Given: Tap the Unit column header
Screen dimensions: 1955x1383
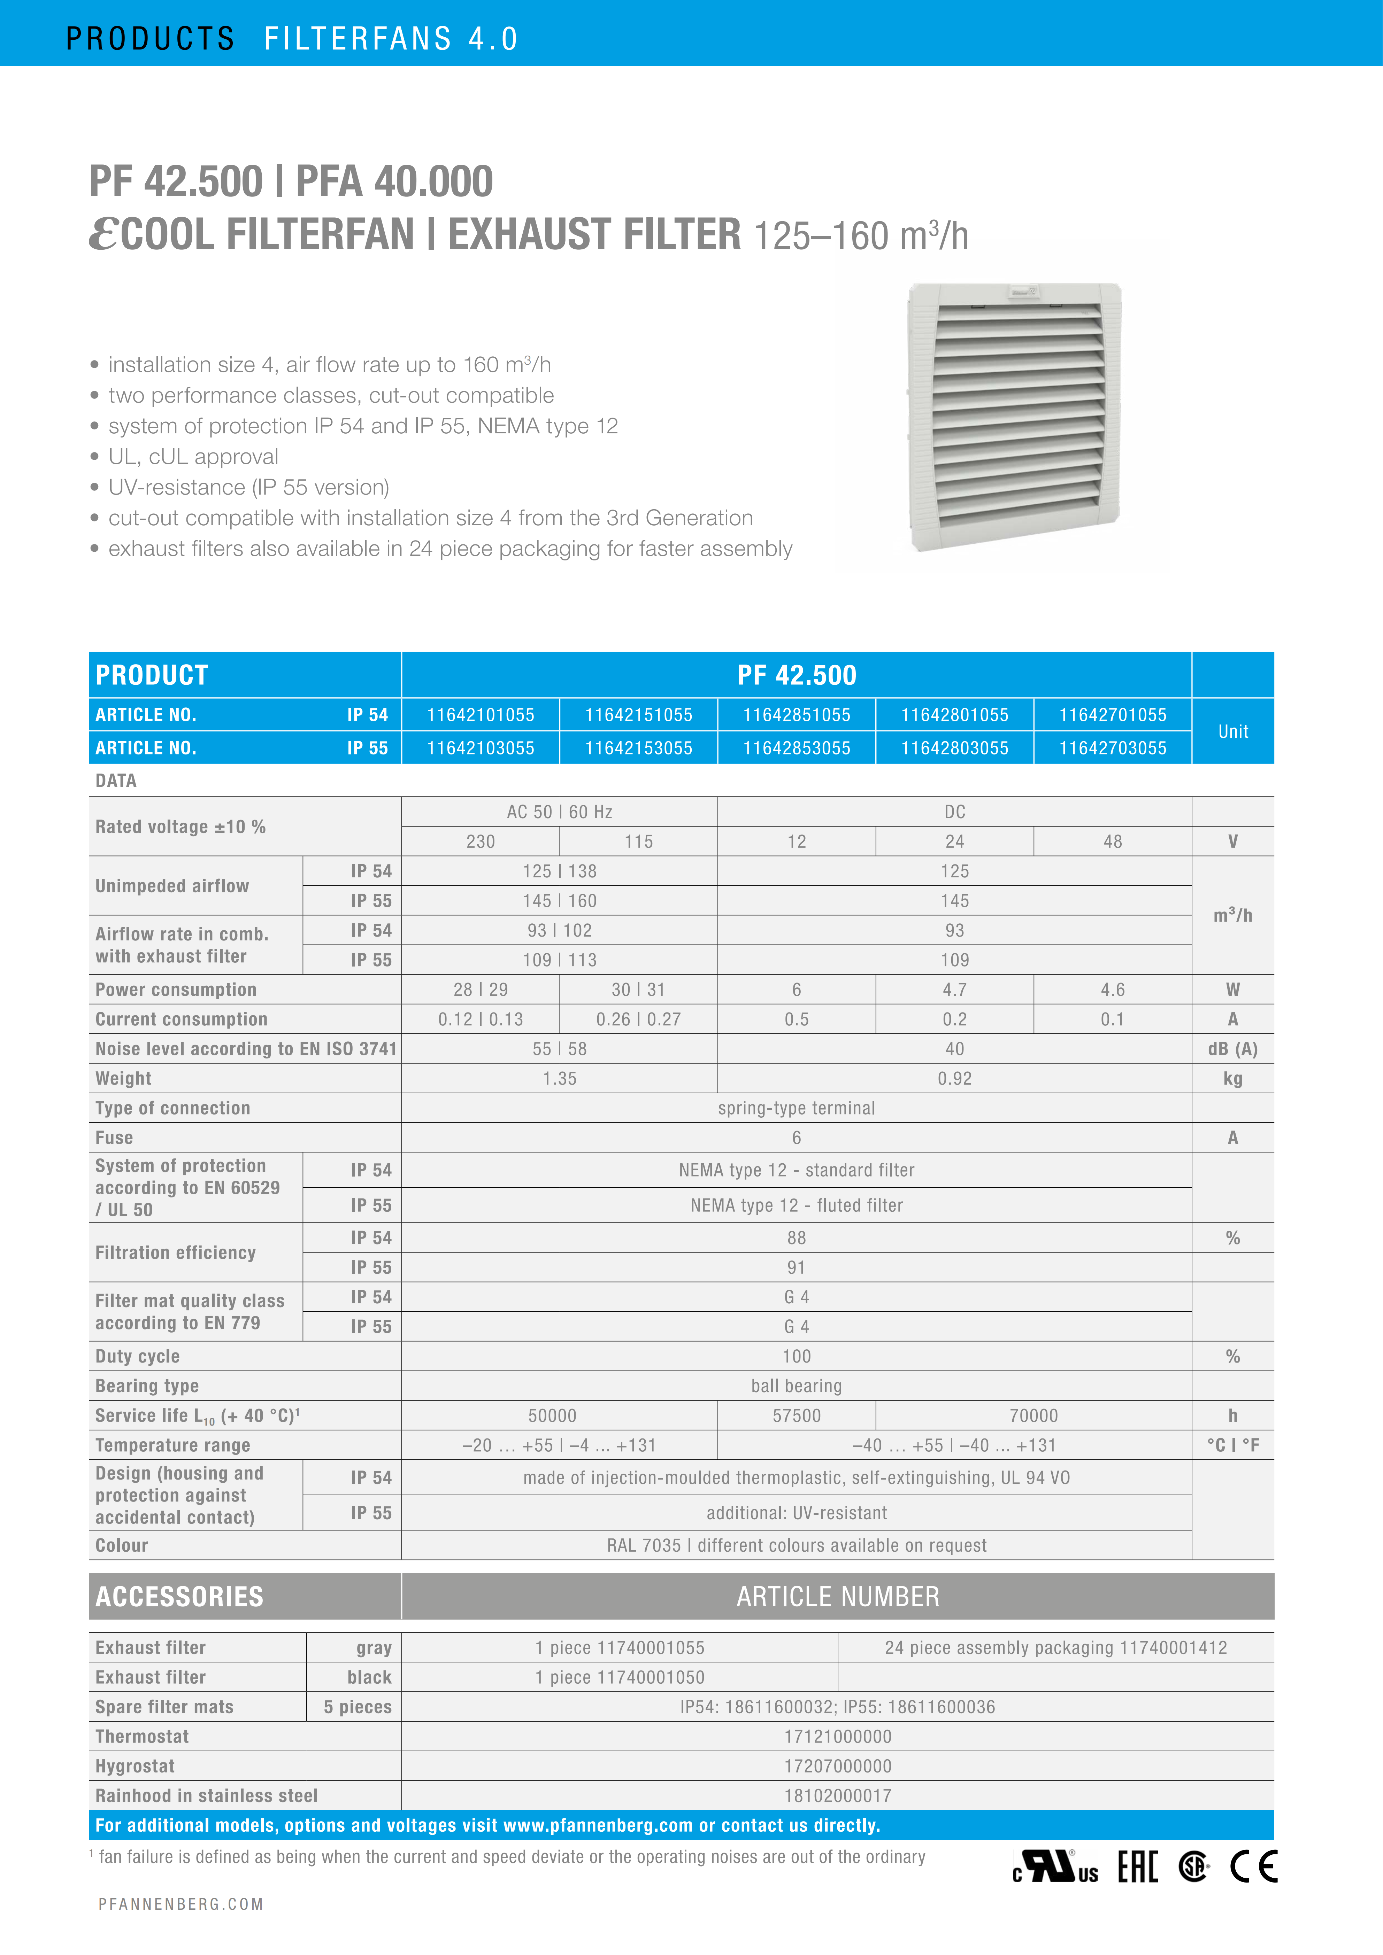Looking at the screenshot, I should click(1232, 731).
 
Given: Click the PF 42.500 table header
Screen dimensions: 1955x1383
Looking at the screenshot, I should click(796, 675).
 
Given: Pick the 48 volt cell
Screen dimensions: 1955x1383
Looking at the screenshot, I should click(1112, 841).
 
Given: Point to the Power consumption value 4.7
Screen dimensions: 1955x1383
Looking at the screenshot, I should click(955, 990).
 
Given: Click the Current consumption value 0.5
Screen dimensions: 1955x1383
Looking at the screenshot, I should click(796, 1019).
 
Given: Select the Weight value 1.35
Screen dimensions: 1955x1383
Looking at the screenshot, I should click(560, 1079).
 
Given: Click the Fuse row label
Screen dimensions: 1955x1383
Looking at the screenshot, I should click(114, 1138).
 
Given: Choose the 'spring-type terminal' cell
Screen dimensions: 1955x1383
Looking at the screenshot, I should click(796, 1108).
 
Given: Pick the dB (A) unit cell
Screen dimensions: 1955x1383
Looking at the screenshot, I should click(1232, 1049).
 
